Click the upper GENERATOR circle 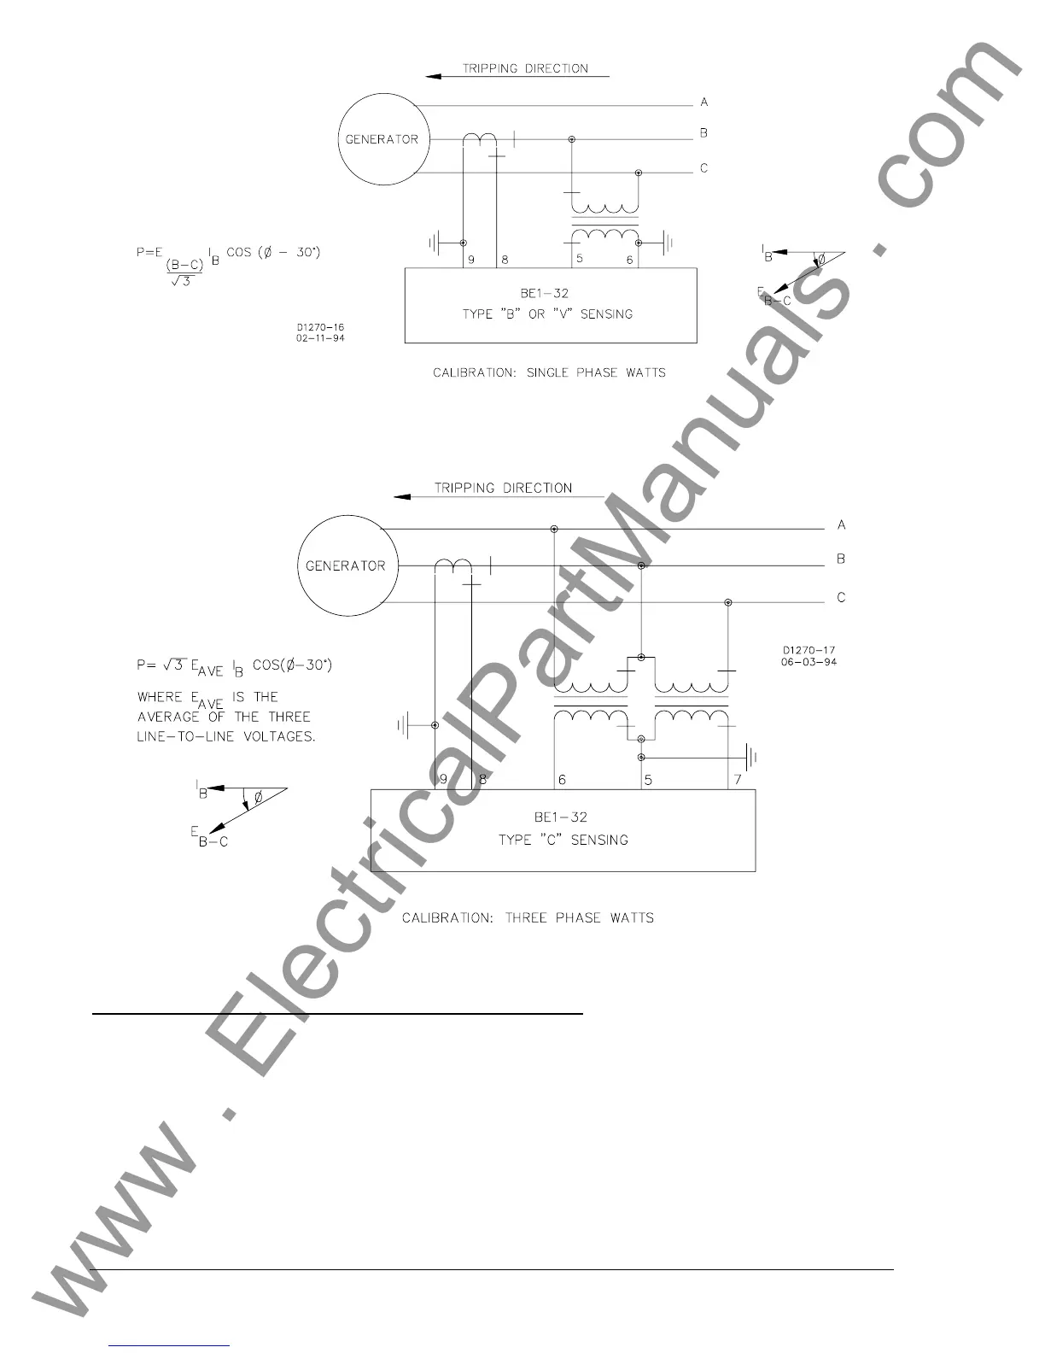click(x=382, y=139)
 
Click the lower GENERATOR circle click(x=345, y=565)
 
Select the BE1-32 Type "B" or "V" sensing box click(x=551, y=305)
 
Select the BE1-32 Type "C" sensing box click(x=563, y=829)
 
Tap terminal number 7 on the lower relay click(x=738, y=780)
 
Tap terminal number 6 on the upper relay click(x=630, y=260)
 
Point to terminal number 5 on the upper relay click(x=579, y=258)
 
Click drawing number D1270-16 click(x=320, y=327)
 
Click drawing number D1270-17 click(x=809, y=651)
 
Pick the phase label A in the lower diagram click(x=841, y=524)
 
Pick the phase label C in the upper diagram click(x=703, y=168)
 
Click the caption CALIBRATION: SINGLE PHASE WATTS click(x=549, y=372)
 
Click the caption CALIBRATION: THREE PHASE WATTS click(x=528, y=917)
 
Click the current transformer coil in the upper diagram click(x=481, y=138)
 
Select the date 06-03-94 click(x=809, y=662)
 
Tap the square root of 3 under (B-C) click(x=181, y=281)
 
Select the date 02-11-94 click(x=320, y=337)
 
